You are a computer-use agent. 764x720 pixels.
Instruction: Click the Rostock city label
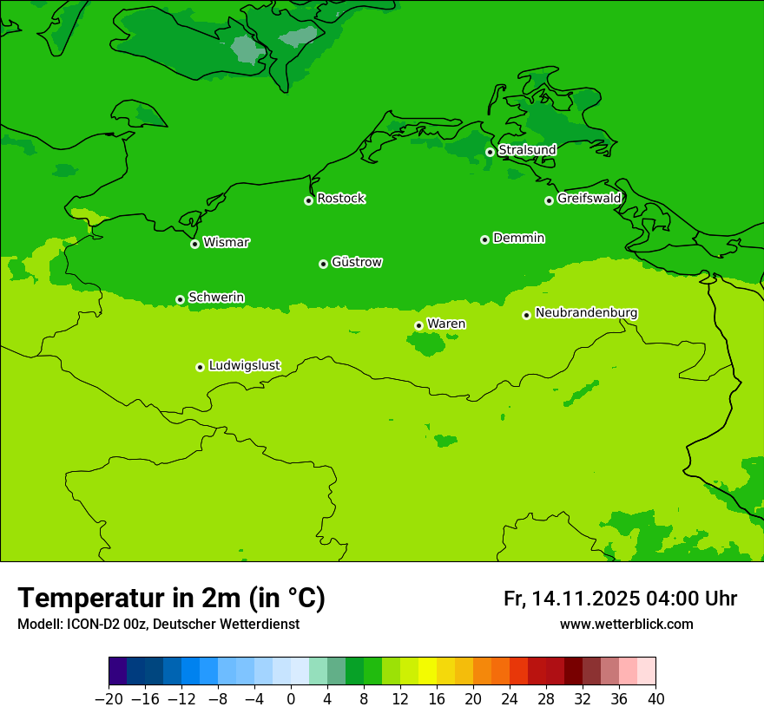click(x=340, y=199)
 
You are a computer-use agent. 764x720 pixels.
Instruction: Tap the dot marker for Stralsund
click(x=490, y=152)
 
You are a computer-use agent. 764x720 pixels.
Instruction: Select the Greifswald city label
click(x=589, y=199)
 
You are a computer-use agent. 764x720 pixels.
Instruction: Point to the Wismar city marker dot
click(x=194, y=244)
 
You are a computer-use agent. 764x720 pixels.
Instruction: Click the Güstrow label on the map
click(x=356, y=262)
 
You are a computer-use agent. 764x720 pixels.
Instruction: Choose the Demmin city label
click(x=518, y=238)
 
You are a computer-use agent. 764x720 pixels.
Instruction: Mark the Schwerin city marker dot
click(x=180, y=299)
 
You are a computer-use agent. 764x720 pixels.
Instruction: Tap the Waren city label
click(x=446, y=324)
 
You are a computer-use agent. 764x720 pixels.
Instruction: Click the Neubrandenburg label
click(x=586, y=312)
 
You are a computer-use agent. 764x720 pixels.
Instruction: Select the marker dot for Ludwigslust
click(x=200, y=367)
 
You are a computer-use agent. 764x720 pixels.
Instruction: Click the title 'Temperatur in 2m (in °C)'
click(x=171, y=598)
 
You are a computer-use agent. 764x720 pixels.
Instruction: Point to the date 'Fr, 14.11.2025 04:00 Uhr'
click(x=620, y=599)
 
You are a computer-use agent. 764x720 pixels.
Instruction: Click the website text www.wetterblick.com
click(x=626, y=624)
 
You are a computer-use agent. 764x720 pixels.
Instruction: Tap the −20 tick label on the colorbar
click(x=109, y=699)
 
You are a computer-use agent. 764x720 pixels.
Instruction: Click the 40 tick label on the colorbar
click(x=655, y=699)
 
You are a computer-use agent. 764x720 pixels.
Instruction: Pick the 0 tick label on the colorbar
click(x=291, y=699)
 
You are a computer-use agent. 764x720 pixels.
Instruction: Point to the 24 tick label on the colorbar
click(x=510, y=699)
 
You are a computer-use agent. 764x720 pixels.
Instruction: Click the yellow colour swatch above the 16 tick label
click(x=437, y=671)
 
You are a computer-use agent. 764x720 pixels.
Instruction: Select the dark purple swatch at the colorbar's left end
click(x=118, y=671)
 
